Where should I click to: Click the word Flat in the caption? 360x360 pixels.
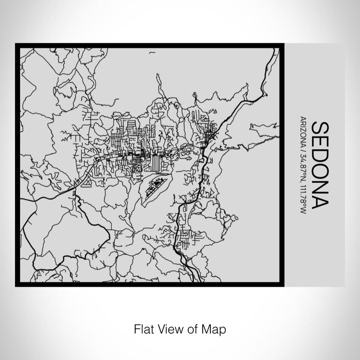point(144,328)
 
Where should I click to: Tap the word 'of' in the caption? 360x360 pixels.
point(189,328)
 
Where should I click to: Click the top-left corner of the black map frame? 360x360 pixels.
point(17,45)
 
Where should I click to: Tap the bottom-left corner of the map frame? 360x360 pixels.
point(17,284)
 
